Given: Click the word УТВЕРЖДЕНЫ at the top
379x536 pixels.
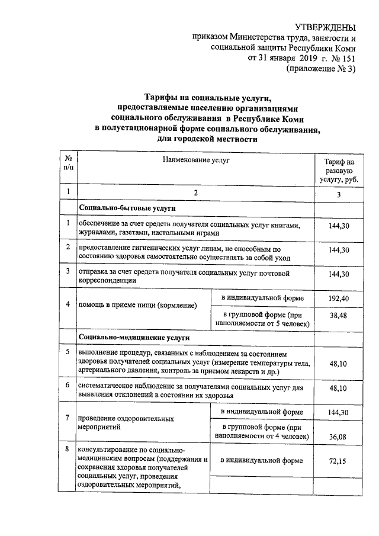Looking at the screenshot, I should pyautogui.click(x=326, y=27).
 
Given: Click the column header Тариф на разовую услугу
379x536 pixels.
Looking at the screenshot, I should pyautogui.click(x=339, y=171).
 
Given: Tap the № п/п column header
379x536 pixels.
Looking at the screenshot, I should pyautogui.click(x=68, y=163).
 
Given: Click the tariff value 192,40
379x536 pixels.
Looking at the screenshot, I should pyautogui.click(x=339, y=299).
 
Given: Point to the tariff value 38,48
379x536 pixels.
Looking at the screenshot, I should pyautogui.click(x=339, y=316).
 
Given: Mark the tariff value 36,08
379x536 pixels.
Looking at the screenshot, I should pyautogui.click(x=339, y=436).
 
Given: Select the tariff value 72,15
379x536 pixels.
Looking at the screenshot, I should pyautogui.click(x=339, y=460).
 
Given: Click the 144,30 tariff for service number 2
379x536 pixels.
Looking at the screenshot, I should pyautogui.click(x=339, y=251).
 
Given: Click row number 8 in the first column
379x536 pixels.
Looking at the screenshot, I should pyautogui.click(x=68, y=450).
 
